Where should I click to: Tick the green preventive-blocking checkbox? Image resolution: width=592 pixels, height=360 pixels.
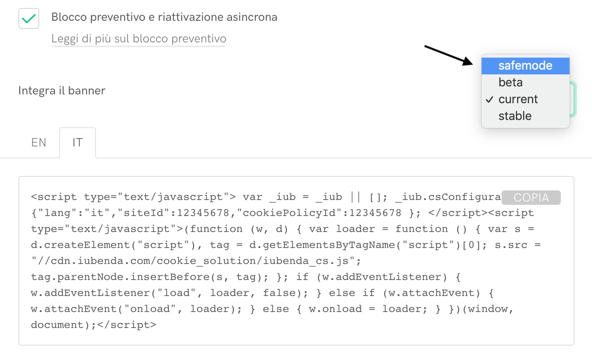pyautogui.click(x=29, y=18)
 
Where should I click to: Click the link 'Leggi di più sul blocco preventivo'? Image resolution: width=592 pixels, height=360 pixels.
pyautogui.click(x=139, y=39)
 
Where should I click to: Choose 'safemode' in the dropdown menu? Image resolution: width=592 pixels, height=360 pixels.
pyautogui.click(x=525, y=66)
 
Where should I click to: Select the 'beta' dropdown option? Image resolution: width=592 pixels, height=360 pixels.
pyautogui.click(x=510, y=82)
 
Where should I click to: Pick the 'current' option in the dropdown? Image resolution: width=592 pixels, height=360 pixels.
pyautogui.click(x=518, y=99)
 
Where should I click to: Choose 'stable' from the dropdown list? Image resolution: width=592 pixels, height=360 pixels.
pyautogui.click(x=515, y=116)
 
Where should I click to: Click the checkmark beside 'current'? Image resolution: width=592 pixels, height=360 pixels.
pyautogui.click(x=490, y=100)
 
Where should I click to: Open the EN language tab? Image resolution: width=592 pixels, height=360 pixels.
pyautogui.click(x=39, y=142)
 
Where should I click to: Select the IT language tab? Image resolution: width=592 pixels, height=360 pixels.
pyautogui.click(x=78, y=142)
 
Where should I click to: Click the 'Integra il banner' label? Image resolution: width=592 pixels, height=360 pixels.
pyautogui.click(x=62, y=91)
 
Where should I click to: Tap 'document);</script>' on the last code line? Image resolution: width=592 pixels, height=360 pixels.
pyautogui.click(x=94, y=325)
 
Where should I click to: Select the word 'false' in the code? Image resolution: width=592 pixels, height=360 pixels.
pyautogui.click(x=279, y=293)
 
